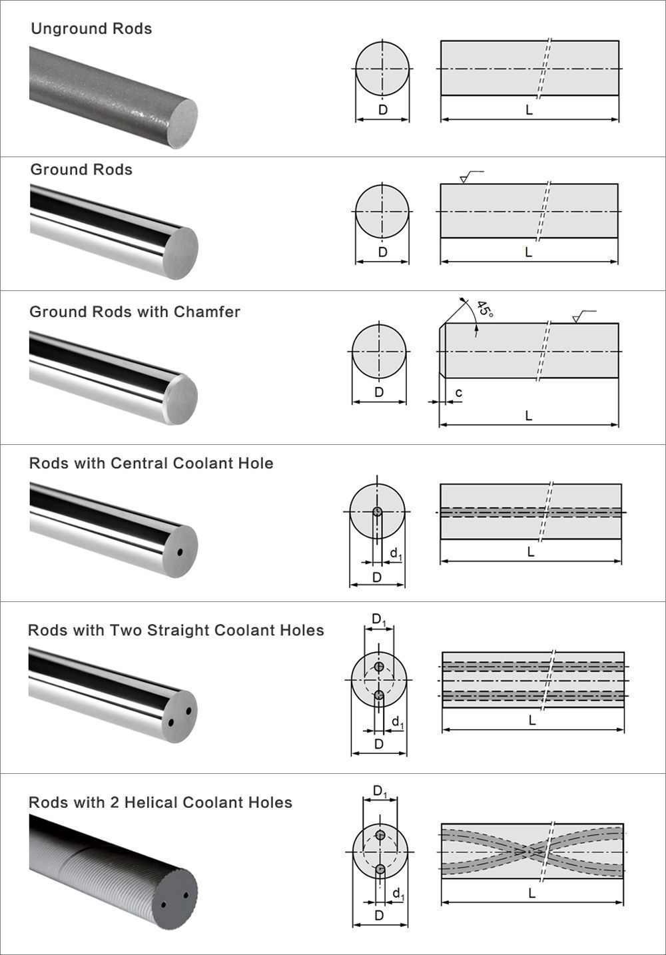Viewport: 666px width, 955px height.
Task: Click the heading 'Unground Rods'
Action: [x=91, y=29]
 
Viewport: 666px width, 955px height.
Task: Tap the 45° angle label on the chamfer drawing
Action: [x=485, y=310]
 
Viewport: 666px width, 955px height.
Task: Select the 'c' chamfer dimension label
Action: [x=459, y=394]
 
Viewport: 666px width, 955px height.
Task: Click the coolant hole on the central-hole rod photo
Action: [x=179, y=553]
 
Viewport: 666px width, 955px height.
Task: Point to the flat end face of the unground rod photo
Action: [x=180, y=125]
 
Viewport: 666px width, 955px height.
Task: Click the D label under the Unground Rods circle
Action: [x=382, y=110]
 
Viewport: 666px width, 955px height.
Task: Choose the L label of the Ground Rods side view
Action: [x=529, y=252]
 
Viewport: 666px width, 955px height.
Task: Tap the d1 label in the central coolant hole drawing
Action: [x=396, y=553]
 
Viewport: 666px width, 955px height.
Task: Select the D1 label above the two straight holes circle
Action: [x=378, y=620]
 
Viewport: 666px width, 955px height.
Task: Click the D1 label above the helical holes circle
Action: [x=380, y=791]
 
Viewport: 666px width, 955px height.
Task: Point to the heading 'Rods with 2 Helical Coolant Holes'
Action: [x=161, y=802]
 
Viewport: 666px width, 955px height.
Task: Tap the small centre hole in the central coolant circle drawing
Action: [x=377, y=511]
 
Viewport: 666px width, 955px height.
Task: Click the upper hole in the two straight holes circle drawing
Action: [x=379, y=667]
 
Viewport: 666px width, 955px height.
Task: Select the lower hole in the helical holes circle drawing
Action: [x=380, y=868]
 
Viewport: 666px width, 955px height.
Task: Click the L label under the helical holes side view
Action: [x=531, y=893]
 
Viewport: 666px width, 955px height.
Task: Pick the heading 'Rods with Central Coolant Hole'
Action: [x=151, y=464]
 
